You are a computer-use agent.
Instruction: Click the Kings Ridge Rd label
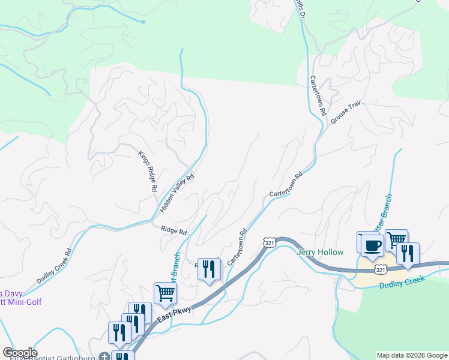[148, 171]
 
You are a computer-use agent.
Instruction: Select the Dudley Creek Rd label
[54, 265]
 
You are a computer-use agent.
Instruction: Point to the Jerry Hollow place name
[320, 253]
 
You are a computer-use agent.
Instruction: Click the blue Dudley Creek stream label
[402, 282]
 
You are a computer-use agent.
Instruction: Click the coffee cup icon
[372, 245]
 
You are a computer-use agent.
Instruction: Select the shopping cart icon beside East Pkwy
[165, 293]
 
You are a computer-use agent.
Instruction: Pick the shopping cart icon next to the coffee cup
[396, 240]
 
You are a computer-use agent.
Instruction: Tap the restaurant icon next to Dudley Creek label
[408, 253]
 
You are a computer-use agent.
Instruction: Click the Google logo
[19, 353]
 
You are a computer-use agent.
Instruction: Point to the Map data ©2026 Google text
[412, 355]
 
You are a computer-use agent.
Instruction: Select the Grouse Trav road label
[345, 112]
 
